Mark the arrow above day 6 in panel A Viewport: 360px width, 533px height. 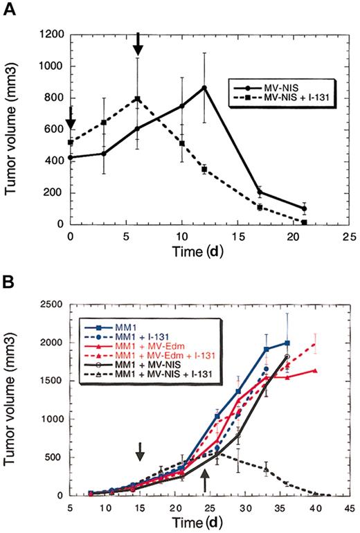point(138,44)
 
